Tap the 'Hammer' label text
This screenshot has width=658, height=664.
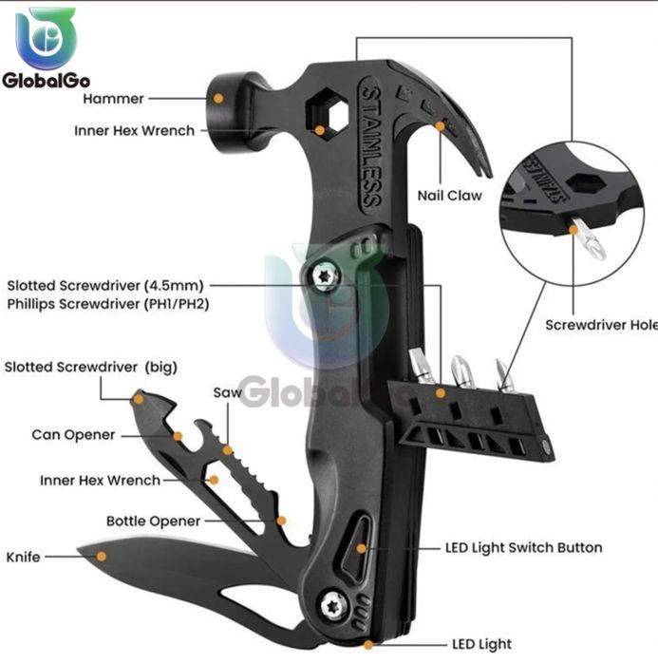[x=113, y=99]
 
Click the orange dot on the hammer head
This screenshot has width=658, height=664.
[x=218, y=98]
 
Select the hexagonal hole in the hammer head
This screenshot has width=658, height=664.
[x=327, y=111]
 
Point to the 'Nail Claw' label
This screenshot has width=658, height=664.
[x=449, y=196]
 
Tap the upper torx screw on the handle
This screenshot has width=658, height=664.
[x=327, y=276]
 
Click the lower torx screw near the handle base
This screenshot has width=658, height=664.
[x=334, y=607]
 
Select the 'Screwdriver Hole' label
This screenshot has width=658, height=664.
[x=601, y=325]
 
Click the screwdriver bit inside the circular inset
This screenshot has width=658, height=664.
[x=588, y=237]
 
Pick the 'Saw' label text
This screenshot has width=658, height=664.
[x=227, y=392]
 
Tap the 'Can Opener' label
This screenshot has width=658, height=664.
[x=73, y=435]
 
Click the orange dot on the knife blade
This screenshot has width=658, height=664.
[x=102, y=556]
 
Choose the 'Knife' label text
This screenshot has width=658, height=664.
[x=23, y=557]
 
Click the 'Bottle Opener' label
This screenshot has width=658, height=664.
[x=153, y=522]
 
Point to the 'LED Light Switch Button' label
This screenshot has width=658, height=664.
[x=524, y=548]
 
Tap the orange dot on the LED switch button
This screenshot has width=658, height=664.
[x=361, y=548]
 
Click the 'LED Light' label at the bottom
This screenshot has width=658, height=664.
[x=481, y=644]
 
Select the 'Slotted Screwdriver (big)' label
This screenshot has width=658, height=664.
[x=90, y=368]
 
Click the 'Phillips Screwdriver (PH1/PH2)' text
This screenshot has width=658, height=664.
[x=108, y=304]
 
